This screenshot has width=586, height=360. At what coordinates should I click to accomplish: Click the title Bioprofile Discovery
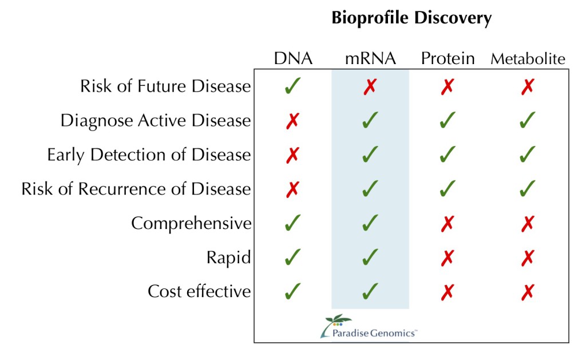point(411,18)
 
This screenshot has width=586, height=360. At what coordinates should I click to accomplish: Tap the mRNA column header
point(370,58)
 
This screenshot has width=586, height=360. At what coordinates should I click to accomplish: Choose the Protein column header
point(448,58)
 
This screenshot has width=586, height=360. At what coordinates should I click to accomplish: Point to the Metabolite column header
point(528,59)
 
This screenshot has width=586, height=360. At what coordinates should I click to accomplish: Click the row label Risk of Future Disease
point(165,86)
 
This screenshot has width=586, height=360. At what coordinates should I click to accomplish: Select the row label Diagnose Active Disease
point(156,121)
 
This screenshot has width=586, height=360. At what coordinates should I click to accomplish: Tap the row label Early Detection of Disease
point(149,155)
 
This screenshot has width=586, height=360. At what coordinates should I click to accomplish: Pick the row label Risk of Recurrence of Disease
point(136,189)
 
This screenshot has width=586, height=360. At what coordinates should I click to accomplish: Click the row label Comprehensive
point(191,223)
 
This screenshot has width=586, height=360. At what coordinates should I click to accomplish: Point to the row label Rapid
point(228,258)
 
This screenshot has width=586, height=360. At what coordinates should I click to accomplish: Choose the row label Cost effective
point(199,291)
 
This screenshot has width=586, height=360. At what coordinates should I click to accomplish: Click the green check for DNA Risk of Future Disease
point(292,86)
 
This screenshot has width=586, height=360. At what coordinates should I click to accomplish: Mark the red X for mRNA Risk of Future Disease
point(370,86)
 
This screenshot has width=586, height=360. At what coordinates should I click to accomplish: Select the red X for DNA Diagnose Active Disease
point(292,121)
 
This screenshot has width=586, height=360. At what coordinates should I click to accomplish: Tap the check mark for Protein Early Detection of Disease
point(448,155)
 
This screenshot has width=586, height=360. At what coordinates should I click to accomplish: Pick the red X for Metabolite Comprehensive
point(528,223)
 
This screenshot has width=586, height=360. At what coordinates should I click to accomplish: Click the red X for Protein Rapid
point(448,258)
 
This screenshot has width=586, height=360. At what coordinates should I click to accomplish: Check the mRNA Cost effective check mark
point(370,291)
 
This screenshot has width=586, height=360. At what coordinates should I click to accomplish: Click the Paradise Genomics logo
point(368,326)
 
